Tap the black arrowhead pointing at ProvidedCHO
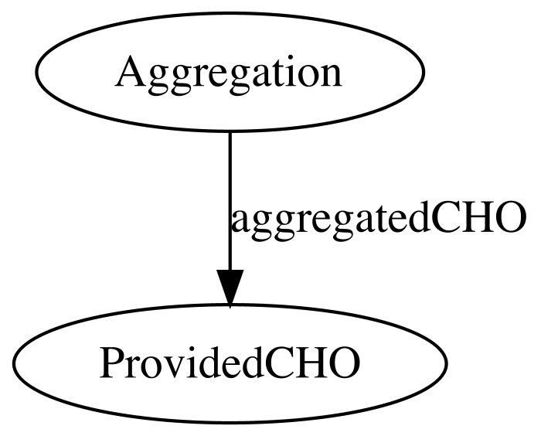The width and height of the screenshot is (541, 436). pos(230,288)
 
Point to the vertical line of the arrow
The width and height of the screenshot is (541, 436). pos(230,201)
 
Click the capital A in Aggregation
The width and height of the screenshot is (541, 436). pos(131,71)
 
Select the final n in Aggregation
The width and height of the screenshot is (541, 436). pos(328,76)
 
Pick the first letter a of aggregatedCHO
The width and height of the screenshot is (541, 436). pos(240,222)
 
